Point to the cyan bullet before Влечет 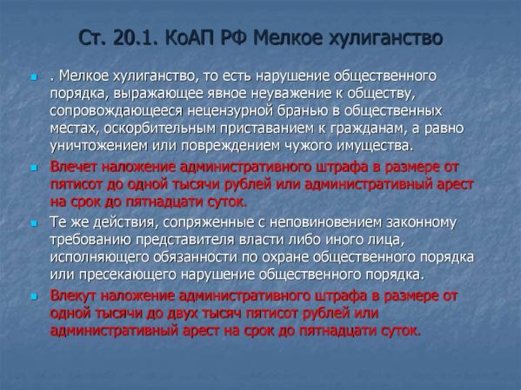33,169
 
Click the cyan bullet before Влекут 33,297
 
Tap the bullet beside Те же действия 33,223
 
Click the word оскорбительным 160,129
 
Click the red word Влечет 73,167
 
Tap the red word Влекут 73,295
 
